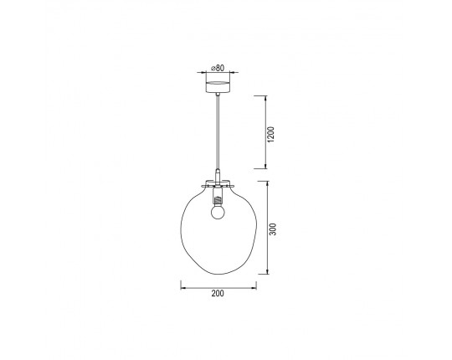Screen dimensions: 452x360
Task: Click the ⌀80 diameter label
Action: [218, 68]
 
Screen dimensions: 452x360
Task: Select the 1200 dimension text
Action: [271, 134]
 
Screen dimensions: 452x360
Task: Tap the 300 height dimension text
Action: [273, 229]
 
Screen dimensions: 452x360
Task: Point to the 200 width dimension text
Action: [218, 293]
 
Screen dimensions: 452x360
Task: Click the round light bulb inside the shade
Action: [217, 212]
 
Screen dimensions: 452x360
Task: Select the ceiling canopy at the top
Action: [218, 83]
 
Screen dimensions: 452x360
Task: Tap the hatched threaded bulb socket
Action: [218, 199]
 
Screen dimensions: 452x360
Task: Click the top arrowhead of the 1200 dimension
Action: [265, 98]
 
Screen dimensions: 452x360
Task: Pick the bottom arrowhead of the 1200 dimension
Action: [265, 166]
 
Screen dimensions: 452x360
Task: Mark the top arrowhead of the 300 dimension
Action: [268, 183]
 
